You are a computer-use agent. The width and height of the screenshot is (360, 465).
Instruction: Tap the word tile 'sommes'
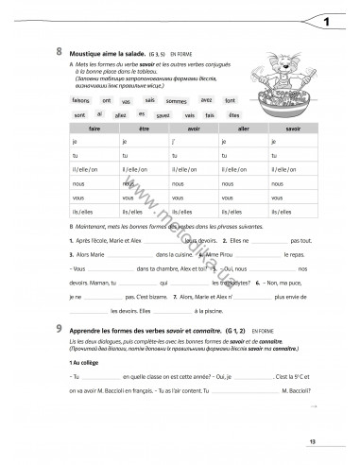pos(176,100)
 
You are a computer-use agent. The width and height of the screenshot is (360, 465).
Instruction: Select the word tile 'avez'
pos(206,97)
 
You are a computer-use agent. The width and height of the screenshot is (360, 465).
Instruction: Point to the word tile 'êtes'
pos(234,114)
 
